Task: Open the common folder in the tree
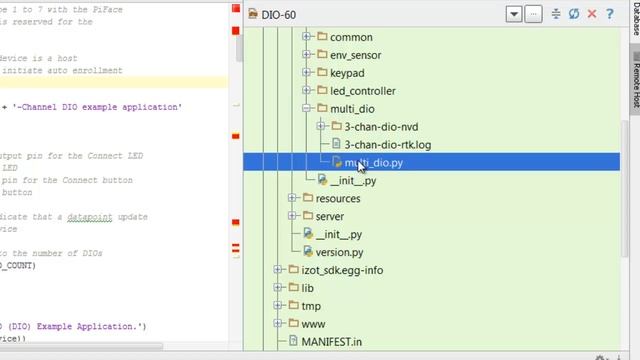350,37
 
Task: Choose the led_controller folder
363,91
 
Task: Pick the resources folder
338,198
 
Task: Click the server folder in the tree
330,216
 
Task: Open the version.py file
339,252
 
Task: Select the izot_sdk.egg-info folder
343,270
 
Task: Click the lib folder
308,288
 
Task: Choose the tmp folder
311,306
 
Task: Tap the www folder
313,324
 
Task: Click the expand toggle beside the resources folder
293,198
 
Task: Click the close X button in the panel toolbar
593,14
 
